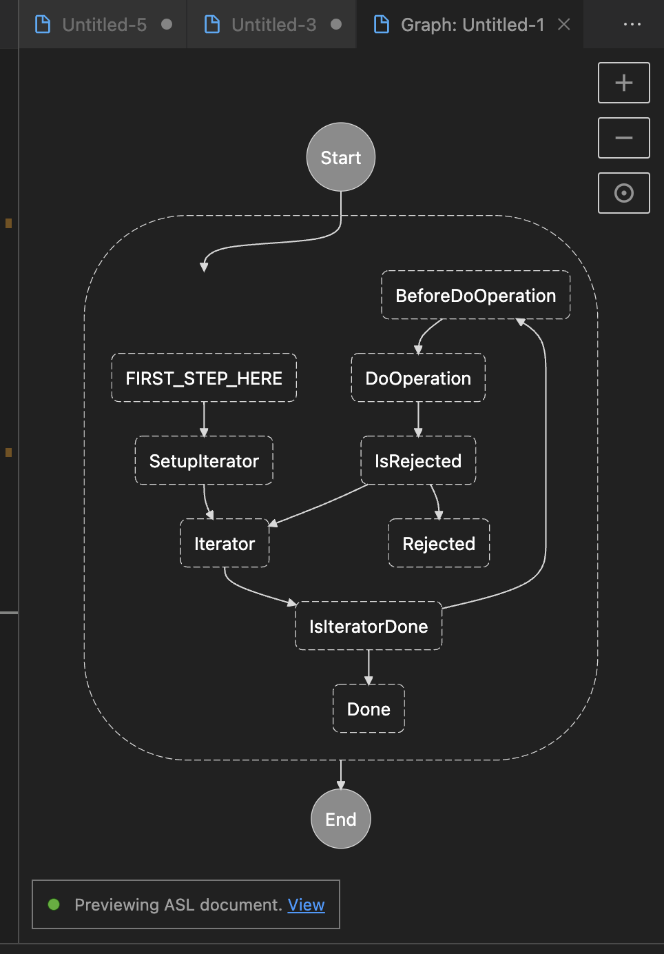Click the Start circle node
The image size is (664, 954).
point(341,157)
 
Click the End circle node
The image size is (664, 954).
point(341,819)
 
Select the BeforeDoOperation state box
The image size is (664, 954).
point(475,295)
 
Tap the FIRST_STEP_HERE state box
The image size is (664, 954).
point(204,378)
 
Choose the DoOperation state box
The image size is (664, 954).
point(418,378)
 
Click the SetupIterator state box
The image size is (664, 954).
point(204,460)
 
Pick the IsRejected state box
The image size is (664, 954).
point(418,460)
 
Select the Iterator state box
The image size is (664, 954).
point(225,543)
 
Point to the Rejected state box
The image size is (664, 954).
point(439,543)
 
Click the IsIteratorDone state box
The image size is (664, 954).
point(369,626)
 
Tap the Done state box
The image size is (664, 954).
point(369,709)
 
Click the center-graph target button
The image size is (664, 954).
point(623,193)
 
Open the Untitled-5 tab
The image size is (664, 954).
point(104,25)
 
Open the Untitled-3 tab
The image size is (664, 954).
point(273,25)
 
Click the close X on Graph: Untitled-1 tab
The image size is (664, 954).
point(564,25)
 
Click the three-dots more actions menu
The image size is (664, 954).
point(632,25)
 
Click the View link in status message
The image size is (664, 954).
point(306,904)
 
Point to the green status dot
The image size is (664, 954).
point(54,904)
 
